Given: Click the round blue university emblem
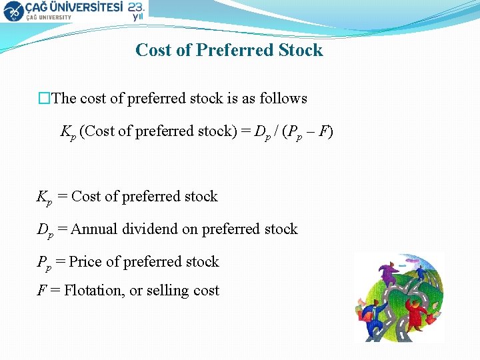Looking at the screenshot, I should [12, 11].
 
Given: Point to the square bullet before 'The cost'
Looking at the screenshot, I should [45, 99].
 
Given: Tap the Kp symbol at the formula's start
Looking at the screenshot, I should [67, 132].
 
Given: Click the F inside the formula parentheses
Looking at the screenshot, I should [323, 131].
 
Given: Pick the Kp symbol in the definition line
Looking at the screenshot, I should [44, 197].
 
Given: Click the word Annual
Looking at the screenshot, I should [93, 229].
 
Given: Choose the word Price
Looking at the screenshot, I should [85, 262].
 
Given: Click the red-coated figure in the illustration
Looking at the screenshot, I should [417, 311].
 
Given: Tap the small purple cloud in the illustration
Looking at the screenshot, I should [402, 257].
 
